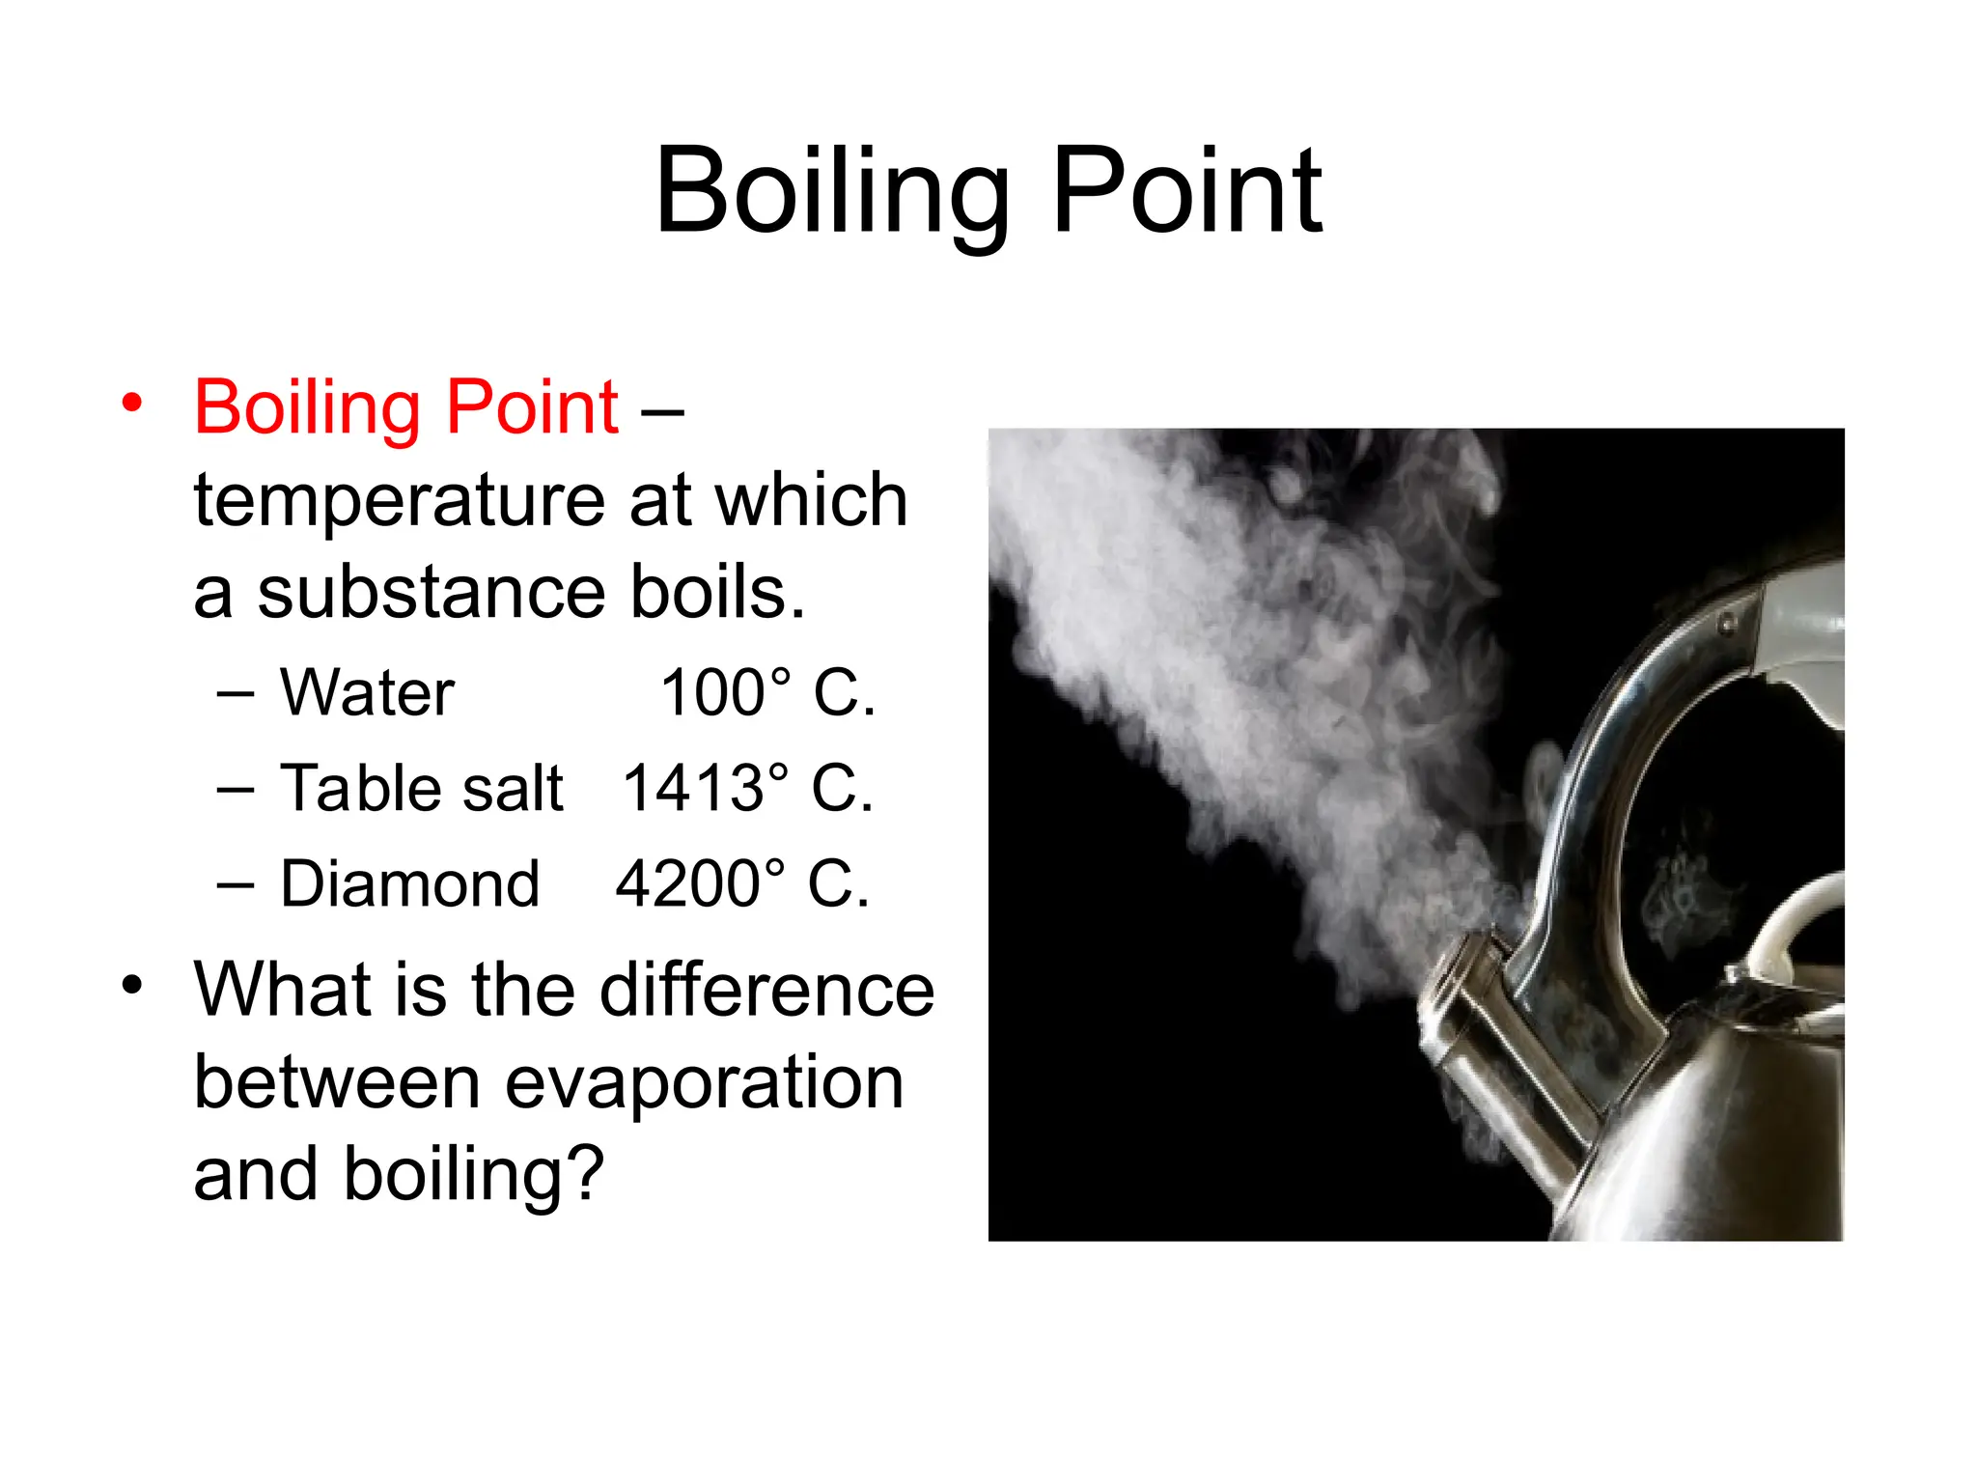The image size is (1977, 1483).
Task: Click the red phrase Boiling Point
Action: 405,407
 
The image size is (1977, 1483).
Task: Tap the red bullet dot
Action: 132,402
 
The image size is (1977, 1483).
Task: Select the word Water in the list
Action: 367,693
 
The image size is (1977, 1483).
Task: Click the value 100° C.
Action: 767,693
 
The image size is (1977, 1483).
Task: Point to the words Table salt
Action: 421,788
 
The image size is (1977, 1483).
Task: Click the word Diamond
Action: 409,883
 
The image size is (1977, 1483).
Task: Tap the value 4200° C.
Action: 742,883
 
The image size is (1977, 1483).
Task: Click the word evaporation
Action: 704,1082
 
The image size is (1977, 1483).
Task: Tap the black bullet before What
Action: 132,986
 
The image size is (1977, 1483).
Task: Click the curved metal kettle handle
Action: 1602,772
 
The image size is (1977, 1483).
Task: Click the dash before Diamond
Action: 236,884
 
